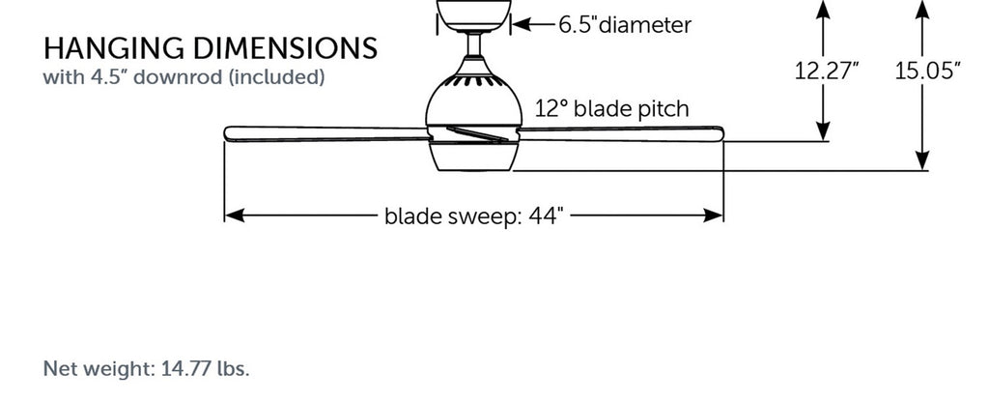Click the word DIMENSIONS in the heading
pos(285,48)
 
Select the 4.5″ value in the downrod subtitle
pos(106,77)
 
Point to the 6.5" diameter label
pos(625,25)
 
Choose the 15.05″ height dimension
pos(928,72)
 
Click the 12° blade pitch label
pos(612,109)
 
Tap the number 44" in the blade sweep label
pos(546,215)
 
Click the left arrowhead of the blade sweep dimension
pos(235,215)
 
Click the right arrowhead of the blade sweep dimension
pos(713,215)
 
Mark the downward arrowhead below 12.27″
pos(823,130)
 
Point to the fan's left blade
pos(326,133)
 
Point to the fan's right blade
pos(621,132)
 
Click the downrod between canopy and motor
pos(474,44)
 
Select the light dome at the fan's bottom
pos(475,157)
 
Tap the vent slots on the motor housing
pos(473,81)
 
